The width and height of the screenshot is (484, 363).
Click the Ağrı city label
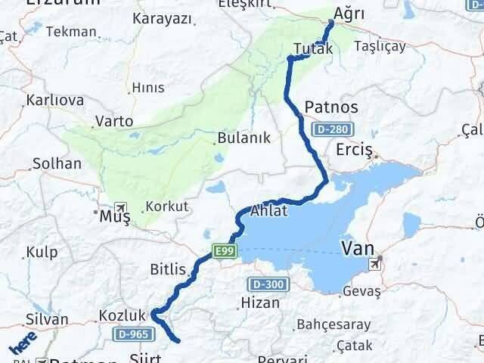point(349,14)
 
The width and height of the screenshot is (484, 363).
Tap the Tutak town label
point(312,49)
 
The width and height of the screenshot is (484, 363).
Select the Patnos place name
point(330,106)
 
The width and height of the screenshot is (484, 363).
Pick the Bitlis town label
point(167,268)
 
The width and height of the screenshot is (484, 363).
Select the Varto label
point(114,121)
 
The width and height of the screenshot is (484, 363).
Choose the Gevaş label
point(361,290)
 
